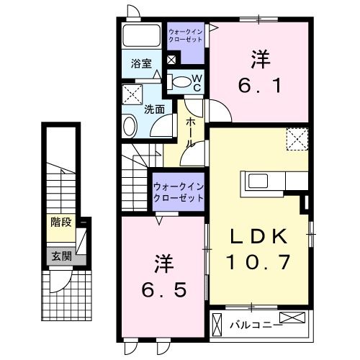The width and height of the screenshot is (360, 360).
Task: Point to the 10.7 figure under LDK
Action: (x=260, y=262)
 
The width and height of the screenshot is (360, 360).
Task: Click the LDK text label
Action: (x=260, y=236)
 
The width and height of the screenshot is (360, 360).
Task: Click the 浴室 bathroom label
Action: (x=140, y=64)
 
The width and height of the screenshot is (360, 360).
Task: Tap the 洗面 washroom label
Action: (x=154, y=110)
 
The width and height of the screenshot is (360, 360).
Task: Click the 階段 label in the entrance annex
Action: (x=60, y=222)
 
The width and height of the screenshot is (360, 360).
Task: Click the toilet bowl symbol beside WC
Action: (x=179, y=81)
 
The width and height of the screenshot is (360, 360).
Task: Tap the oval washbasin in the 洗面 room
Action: (x=130, y=127)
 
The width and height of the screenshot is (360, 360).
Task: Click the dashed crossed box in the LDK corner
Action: (x=297, y=138)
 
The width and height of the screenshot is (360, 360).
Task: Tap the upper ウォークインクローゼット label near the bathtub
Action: (x=186, y=35)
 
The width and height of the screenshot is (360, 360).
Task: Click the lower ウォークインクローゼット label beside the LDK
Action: (x=179, y=192)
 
